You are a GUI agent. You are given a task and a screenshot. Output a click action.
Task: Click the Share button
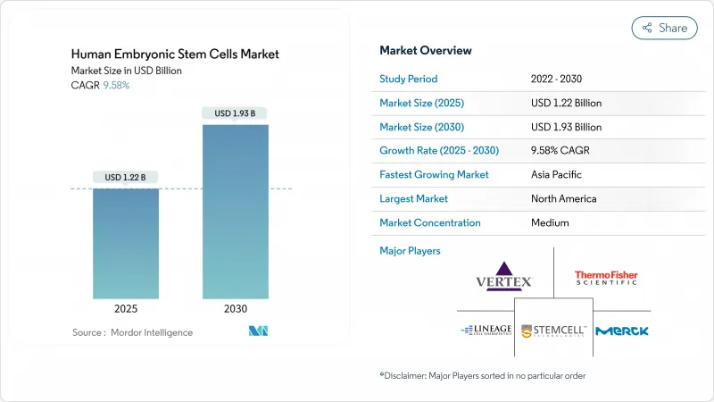[x=664, y=28]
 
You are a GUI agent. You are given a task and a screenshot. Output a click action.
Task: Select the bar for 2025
[x=127, y=243]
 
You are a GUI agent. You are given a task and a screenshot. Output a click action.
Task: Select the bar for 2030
[x=236, y=211]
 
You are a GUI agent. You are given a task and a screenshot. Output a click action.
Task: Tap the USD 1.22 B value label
[x=127, y=177]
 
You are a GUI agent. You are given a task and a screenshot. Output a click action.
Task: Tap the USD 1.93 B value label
[x=236, y=113]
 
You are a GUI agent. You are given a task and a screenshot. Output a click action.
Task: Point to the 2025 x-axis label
[x=127, y=309]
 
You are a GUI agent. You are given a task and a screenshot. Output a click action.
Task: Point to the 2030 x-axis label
[x=236, y=309]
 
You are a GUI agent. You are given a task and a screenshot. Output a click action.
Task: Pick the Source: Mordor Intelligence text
[x=133, y=332]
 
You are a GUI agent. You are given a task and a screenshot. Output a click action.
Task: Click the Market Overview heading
[x=426, y=50]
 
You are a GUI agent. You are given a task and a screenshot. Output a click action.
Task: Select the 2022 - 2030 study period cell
[x=558, y=79]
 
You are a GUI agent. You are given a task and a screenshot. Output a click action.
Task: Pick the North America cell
[x=563, y=198]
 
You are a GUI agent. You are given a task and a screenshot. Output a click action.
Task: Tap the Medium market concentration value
[x=551, y=222]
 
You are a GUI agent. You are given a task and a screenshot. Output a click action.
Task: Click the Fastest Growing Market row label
[x=434, y=174]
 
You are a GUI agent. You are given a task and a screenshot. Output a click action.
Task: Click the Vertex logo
[x=504, y=276]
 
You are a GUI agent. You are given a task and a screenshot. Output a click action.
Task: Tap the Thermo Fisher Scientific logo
[x=606, y=278]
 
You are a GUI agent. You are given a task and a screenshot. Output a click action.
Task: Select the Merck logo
[x=622, y=331]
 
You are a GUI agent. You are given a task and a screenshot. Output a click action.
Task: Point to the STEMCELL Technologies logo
[x=553, y=331]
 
